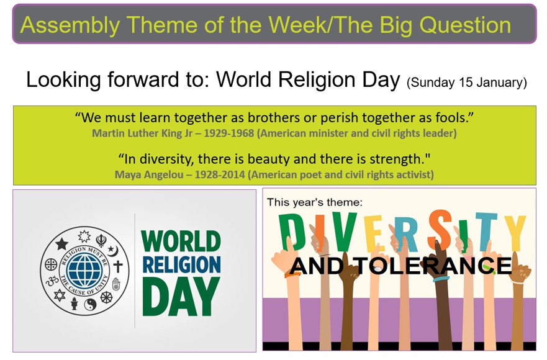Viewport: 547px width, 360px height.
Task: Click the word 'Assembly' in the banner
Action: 70,25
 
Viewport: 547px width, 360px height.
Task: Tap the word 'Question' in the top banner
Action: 465,25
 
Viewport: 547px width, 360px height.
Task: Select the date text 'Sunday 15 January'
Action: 466,83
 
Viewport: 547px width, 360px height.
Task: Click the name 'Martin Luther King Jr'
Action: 142,133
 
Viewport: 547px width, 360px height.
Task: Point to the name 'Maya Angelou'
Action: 149,174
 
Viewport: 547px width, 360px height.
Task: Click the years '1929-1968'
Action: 229,133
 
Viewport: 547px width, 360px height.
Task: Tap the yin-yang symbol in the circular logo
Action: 90,305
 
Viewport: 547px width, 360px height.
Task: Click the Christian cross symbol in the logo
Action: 118,266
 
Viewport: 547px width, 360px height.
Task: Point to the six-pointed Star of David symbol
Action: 60,295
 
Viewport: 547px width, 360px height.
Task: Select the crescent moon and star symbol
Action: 112,251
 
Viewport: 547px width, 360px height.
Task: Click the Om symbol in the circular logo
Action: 53,281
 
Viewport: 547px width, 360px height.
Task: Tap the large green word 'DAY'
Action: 181,297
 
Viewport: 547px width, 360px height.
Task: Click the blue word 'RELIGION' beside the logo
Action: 182,264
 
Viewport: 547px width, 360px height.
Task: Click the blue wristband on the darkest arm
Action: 441,279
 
